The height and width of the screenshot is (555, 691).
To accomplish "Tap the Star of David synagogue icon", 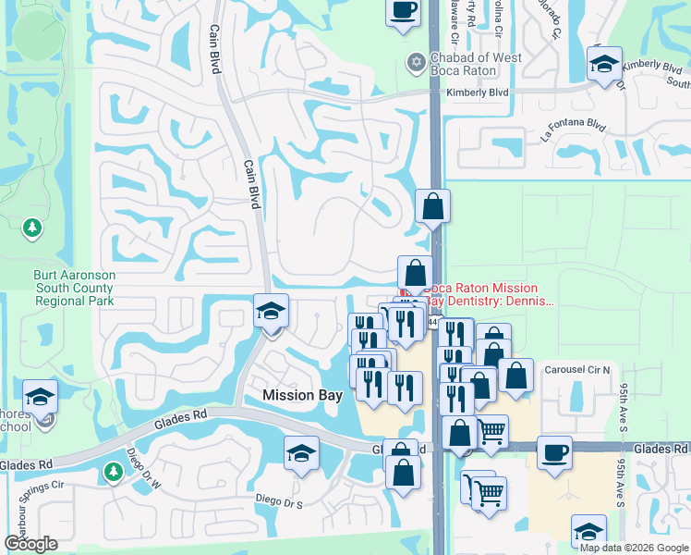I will pyautogui.click(x=416, y=63).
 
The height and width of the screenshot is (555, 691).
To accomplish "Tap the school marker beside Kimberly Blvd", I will pyautogui.click(x=604, y=66).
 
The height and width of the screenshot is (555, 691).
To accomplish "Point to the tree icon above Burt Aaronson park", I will pyautogui.click(x=32, y=228).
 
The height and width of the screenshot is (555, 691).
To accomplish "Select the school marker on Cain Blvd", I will pyautogui.click(x=271, y=313).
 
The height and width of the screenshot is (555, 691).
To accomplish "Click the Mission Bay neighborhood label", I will pyautogui.click(x=302, y=395).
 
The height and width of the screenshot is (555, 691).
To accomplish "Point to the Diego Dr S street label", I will pyautogui.click(x=286, y=499).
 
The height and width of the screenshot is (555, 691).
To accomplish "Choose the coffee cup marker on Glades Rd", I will pyautogui.click(x=553, y=454).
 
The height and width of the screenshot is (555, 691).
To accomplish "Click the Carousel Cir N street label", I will pyautogui.click(x=577, y=369).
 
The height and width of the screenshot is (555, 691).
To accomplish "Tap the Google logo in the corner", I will pyautogui.click(x=30, y=544).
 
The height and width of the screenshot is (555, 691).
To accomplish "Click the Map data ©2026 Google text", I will pyautogui.click(x=634, y=548).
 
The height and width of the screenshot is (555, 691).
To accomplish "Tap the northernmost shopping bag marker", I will pyautogui.click(x=432, y=207).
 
